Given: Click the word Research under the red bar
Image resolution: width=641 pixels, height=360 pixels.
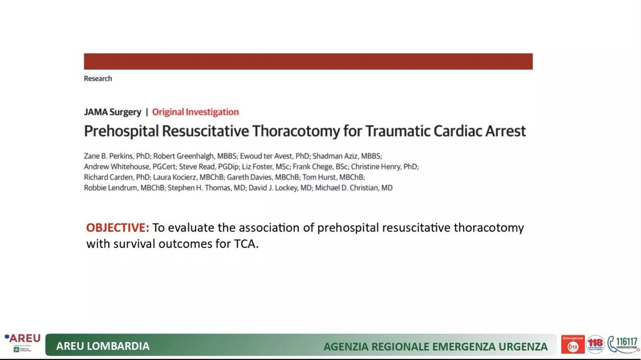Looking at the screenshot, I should (98, 79).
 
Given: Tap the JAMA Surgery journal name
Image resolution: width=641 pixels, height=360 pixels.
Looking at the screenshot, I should (112, 112).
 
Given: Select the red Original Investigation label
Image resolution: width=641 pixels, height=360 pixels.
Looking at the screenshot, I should (196, 112).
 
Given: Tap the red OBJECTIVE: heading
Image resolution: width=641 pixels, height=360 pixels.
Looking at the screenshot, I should (118, 228).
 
